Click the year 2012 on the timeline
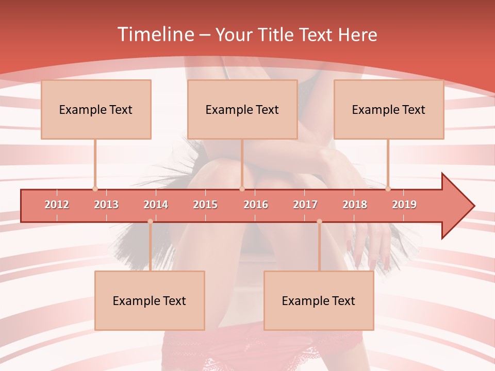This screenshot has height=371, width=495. click(57, 205)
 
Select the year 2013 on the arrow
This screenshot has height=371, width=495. click(106, 205)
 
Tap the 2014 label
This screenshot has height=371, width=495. click(156, 205)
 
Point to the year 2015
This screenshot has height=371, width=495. click(205, 205)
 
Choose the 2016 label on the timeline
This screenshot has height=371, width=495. click(256, 205)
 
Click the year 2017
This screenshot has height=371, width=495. click(305, 205)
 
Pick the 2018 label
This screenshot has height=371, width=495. click(355, 205)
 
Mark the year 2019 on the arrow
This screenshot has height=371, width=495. click(404, 205)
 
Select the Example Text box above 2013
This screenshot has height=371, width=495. click(96, 109)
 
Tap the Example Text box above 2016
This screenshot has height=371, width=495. click(242, 109)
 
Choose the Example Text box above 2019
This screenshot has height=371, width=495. click(389, 109)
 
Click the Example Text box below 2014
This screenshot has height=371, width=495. click(150, 300)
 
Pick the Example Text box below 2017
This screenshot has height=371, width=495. click(319, 300)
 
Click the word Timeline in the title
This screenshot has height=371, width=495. click(155, 35)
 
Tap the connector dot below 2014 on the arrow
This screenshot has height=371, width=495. click(150, 221)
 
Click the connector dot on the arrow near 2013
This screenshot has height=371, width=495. click(95, 189)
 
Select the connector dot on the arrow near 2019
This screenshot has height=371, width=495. click(388, 189)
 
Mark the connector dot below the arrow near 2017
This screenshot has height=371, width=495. click(319, 221)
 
